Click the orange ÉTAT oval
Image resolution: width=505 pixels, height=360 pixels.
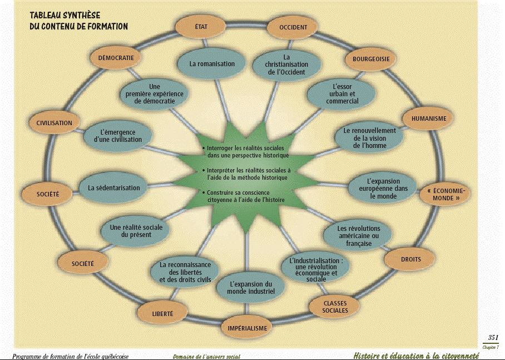[x=201, y=27]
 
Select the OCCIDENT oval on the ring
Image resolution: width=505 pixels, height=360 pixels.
[x=293, y=27]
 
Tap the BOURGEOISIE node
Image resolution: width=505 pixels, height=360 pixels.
[x=371, y=59]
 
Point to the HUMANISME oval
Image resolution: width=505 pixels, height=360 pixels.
[x=429, y=119]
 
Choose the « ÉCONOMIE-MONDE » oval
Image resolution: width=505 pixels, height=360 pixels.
[x=446, y=194]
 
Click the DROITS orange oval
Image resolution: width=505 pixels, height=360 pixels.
[x=410, y=259]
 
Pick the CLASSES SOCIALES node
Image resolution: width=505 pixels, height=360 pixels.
[x=335, y=307]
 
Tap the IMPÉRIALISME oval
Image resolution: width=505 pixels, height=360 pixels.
[x=247, y=328]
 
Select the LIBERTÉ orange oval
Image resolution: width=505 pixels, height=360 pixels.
[x=162, y=314]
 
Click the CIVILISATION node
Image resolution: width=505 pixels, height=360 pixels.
[x=54, y=123]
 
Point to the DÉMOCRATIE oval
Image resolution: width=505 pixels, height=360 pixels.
[x=116, y=58]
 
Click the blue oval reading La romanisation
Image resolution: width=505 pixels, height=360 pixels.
[x=212, y=64]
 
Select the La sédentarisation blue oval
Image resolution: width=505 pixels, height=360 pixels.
[x=113, y=188]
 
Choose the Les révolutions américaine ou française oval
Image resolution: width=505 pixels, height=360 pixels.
[x=359, y=236]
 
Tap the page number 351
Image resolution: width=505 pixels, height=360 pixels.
[x=492, y=338]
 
